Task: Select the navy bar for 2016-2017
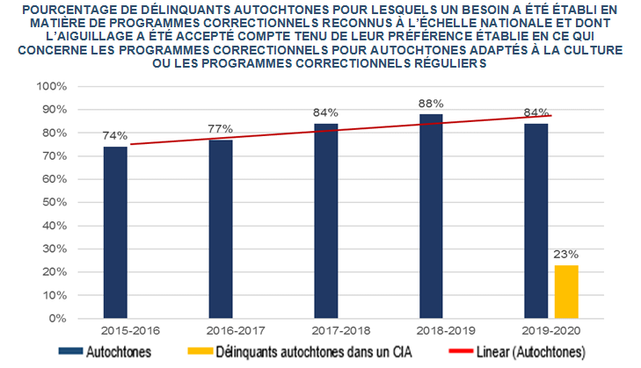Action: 221,228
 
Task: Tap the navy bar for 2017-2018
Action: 325,220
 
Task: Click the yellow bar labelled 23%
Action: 567,291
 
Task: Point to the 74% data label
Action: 115,136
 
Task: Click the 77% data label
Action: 221,129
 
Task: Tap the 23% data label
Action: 566,254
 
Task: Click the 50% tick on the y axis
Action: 52,202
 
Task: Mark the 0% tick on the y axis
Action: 55,317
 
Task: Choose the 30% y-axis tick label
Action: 52,249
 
